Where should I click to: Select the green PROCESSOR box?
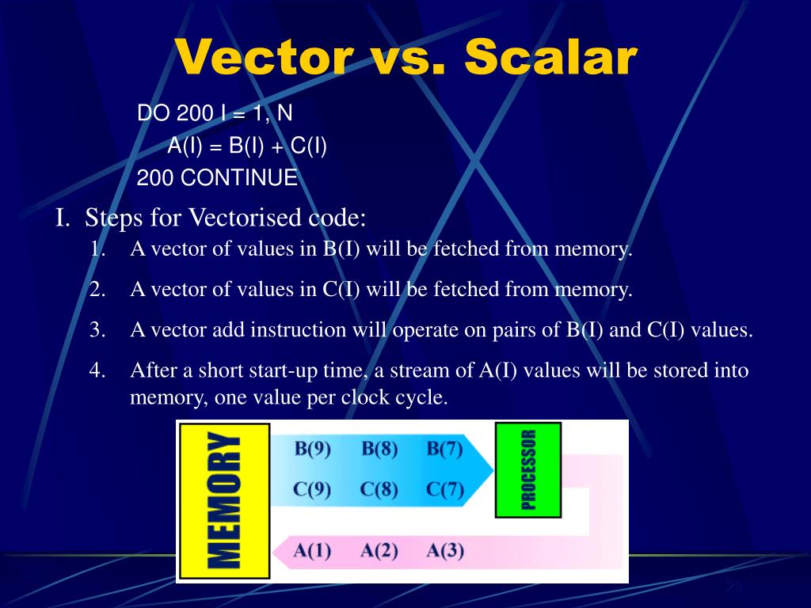point(528,469)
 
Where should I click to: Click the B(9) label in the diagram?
point(312,449)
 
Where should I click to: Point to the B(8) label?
point(379,449)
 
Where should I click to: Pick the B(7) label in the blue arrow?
point(444,449)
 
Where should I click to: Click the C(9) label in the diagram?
point(312,489)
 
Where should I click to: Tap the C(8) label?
point(379,489)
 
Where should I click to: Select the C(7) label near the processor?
point(444,489)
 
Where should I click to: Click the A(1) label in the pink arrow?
point(312,550)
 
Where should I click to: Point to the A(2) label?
point(379,550)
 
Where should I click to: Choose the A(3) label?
point(444,550)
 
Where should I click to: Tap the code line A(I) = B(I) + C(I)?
point(247,146)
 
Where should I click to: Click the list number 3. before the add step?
point(97,330)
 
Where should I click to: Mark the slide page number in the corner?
point(733,587)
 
